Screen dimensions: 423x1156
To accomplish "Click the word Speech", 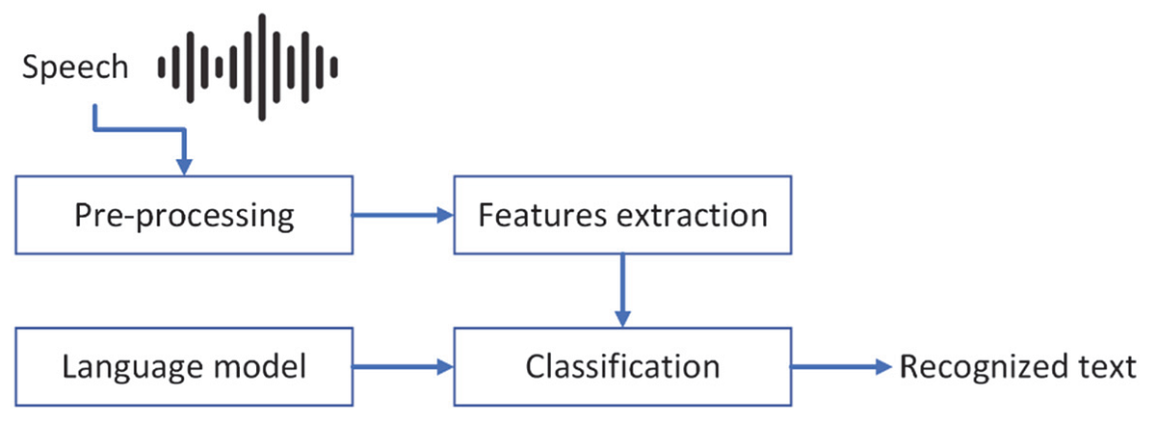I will (x=75, y=67).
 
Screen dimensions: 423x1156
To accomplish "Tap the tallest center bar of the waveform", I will (x=262, y=66).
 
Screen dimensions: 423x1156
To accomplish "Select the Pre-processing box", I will (x=185, y=215).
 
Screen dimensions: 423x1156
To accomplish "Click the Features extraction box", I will (x=622, y=215).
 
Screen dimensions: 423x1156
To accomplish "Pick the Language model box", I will (x=185, y=367).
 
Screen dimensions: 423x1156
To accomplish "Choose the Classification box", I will (x=622, y=367).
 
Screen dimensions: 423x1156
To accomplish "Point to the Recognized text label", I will (x=1017, y=367).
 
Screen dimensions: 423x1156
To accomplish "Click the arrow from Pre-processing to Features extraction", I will (x=402, y=215).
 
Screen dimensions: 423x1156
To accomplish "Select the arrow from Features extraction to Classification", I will (x=622, y=289).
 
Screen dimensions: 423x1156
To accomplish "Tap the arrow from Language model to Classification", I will (x=402, y=367).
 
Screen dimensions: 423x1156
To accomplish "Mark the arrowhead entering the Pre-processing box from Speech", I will (x=185, y=166).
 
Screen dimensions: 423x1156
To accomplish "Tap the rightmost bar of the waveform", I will (x=334, y=66).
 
